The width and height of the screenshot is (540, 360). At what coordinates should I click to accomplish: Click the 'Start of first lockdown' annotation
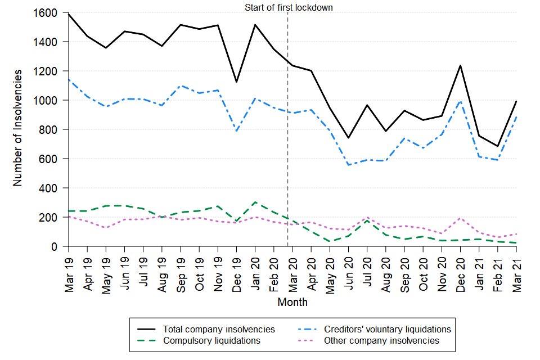289,8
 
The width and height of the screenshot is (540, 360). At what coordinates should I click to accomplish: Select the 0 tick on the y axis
59,246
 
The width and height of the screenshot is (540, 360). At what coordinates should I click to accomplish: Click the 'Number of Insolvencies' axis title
18,128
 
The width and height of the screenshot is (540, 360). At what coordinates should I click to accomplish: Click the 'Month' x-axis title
292,303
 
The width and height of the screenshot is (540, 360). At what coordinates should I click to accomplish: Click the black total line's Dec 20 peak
461,66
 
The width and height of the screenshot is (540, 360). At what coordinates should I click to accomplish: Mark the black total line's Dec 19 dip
237,82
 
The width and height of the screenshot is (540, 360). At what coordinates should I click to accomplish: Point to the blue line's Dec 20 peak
461,101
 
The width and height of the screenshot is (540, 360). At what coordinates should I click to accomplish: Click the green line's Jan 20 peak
255,202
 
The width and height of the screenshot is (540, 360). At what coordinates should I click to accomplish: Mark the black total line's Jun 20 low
349,138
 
